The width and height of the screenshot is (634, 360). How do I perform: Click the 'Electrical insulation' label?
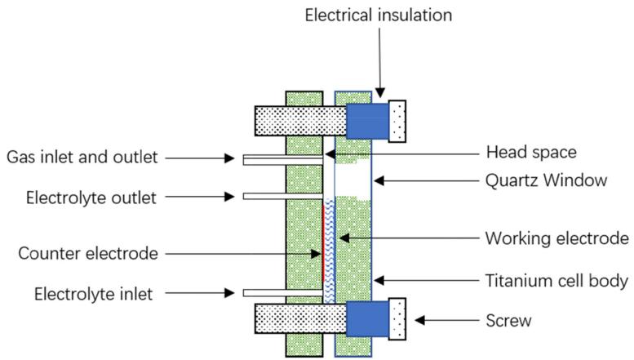click(x=378, y=16)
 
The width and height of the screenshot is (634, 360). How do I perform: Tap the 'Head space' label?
click(x=531, y=153)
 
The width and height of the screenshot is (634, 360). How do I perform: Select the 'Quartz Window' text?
click(x=546, y=180)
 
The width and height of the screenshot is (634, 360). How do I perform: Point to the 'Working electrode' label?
click(x=556, y=238)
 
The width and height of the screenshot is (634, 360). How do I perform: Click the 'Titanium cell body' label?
click(x=556, y=280)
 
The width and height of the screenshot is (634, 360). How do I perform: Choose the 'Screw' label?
click(x=508, y=321)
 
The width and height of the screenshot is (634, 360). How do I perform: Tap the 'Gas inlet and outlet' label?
click(x=82, y=157)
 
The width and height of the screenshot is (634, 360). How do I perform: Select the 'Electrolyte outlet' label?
click(x=91, y=198)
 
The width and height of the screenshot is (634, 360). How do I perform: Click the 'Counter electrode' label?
click(x=88, y=254)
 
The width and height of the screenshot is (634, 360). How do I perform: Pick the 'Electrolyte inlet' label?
click(x=93, y=294)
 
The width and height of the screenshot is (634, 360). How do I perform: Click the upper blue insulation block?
click(x=367, y=121)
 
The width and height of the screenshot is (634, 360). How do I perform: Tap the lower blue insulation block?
click(x=367, y=319)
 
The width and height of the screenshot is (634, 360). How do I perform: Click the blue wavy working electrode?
click(x=330, y=251)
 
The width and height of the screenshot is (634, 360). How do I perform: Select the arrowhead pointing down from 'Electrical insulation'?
click(x=380, y=92)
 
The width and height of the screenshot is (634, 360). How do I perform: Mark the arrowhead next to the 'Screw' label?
click(x=420, y=320)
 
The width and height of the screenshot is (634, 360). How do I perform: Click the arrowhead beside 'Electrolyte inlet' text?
click(x=229, y=293)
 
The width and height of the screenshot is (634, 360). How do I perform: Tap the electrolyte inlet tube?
click(x=283, y=293)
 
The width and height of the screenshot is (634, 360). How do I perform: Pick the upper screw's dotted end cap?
click(x=397, y=121)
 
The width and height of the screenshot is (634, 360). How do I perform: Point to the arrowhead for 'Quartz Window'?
click(x=379, y=180)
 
